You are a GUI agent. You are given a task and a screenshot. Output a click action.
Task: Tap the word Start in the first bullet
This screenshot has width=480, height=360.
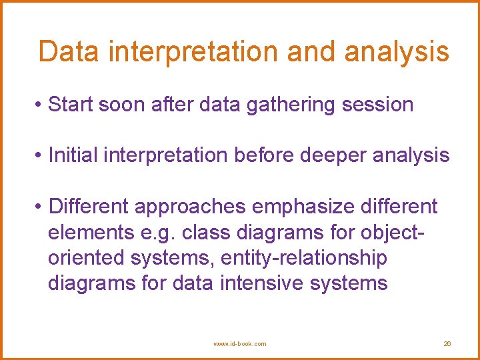coord(71,105)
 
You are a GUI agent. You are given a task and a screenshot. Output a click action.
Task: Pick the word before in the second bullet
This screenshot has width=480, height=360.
coord(264,155)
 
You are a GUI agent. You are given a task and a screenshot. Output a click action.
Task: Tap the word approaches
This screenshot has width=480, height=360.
coord(190,207)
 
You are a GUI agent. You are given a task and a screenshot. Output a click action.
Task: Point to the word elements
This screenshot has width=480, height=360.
coord(91,232)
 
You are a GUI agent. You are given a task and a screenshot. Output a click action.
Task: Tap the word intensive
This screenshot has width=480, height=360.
coord(262,283)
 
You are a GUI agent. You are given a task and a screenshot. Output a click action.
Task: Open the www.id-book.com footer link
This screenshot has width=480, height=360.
coord(239,344)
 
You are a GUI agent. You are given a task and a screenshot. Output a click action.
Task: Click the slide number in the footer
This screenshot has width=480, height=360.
coord(447,344)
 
